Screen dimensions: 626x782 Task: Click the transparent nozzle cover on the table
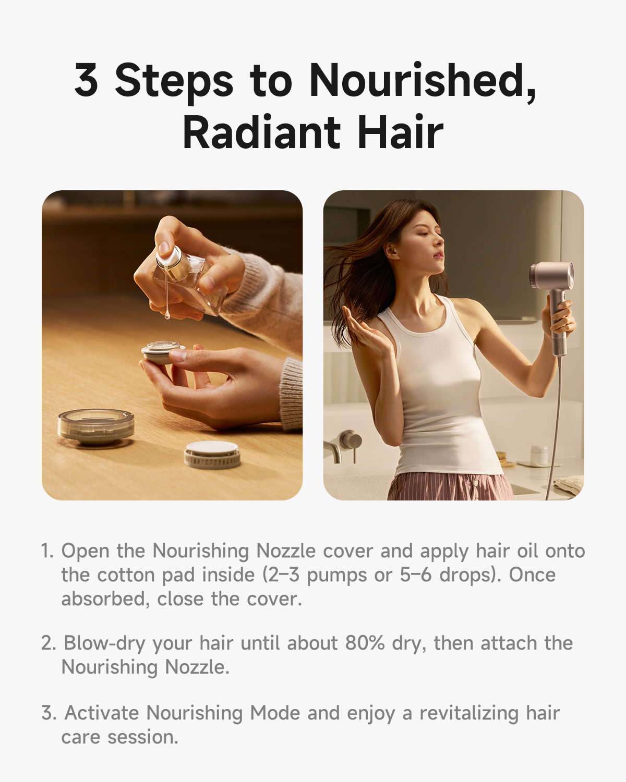pyautogui.click(x=96, y=426)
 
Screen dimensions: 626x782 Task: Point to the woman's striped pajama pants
pyautogui.click(x=450, y=486)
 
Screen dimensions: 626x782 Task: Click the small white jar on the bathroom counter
pyautogui.click(x=539, y=455)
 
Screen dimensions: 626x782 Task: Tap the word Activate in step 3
pyautogui.click(x=102, y=713)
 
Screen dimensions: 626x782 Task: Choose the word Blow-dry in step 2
pyautogui.click(x=104, y=644)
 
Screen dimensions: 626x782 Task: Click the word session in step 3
pyautogui.click(x=143, y=737)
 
